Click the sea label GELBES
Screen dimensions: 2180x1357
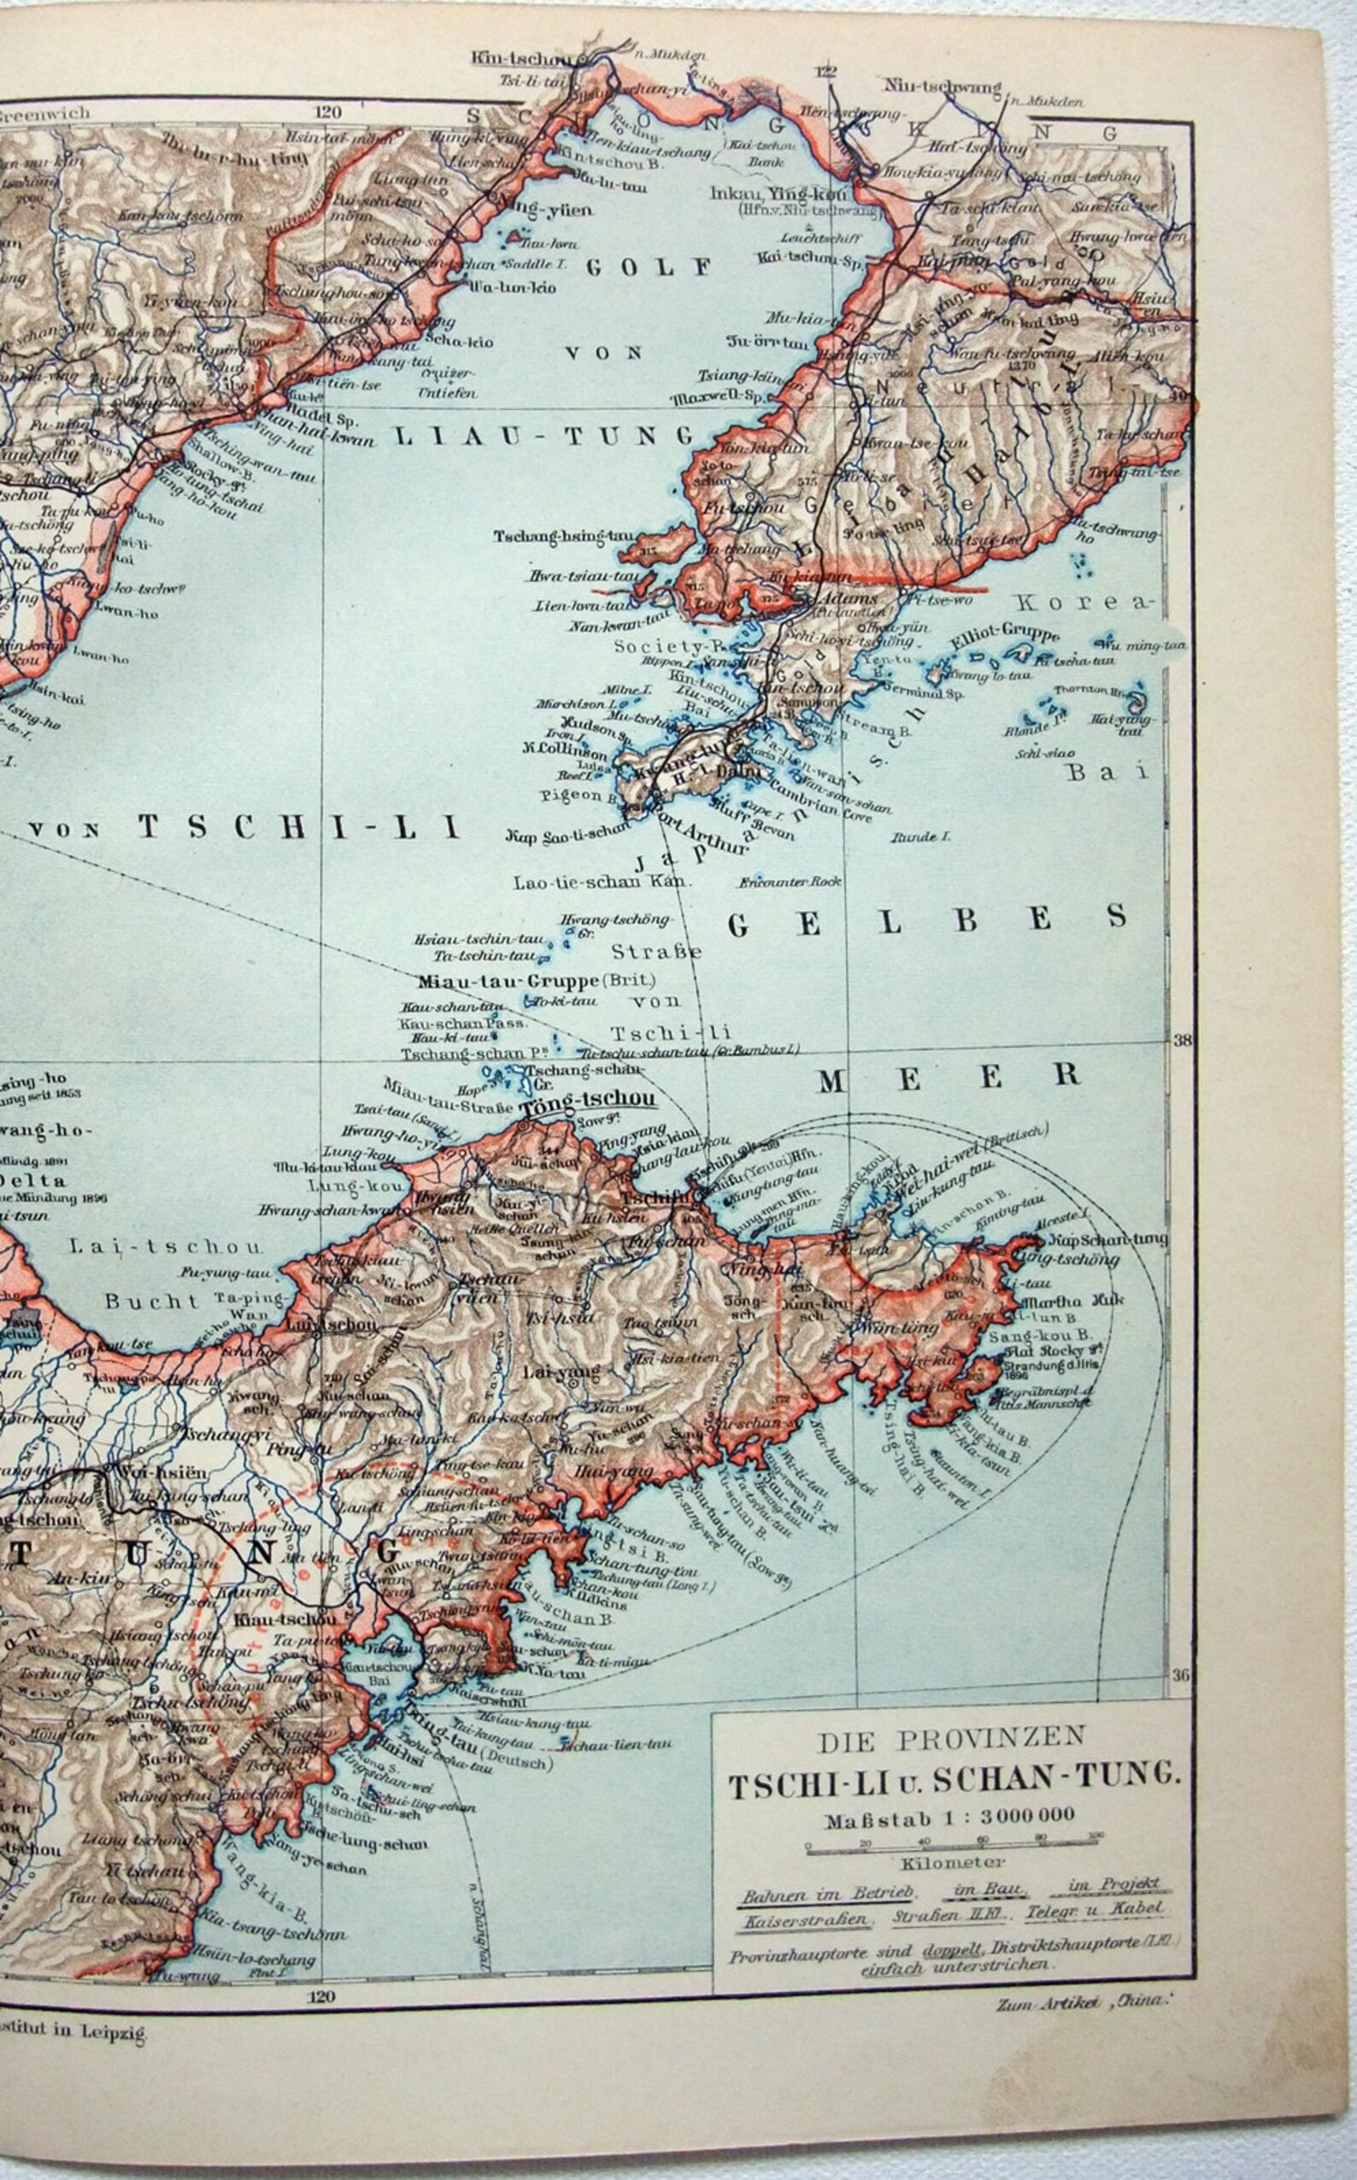(x=928, y=920)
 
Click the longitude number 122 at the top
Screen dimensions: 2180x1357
(x=825, y=72)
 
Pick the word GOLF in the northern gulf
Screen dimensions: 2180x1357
(x=648, y=267)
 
